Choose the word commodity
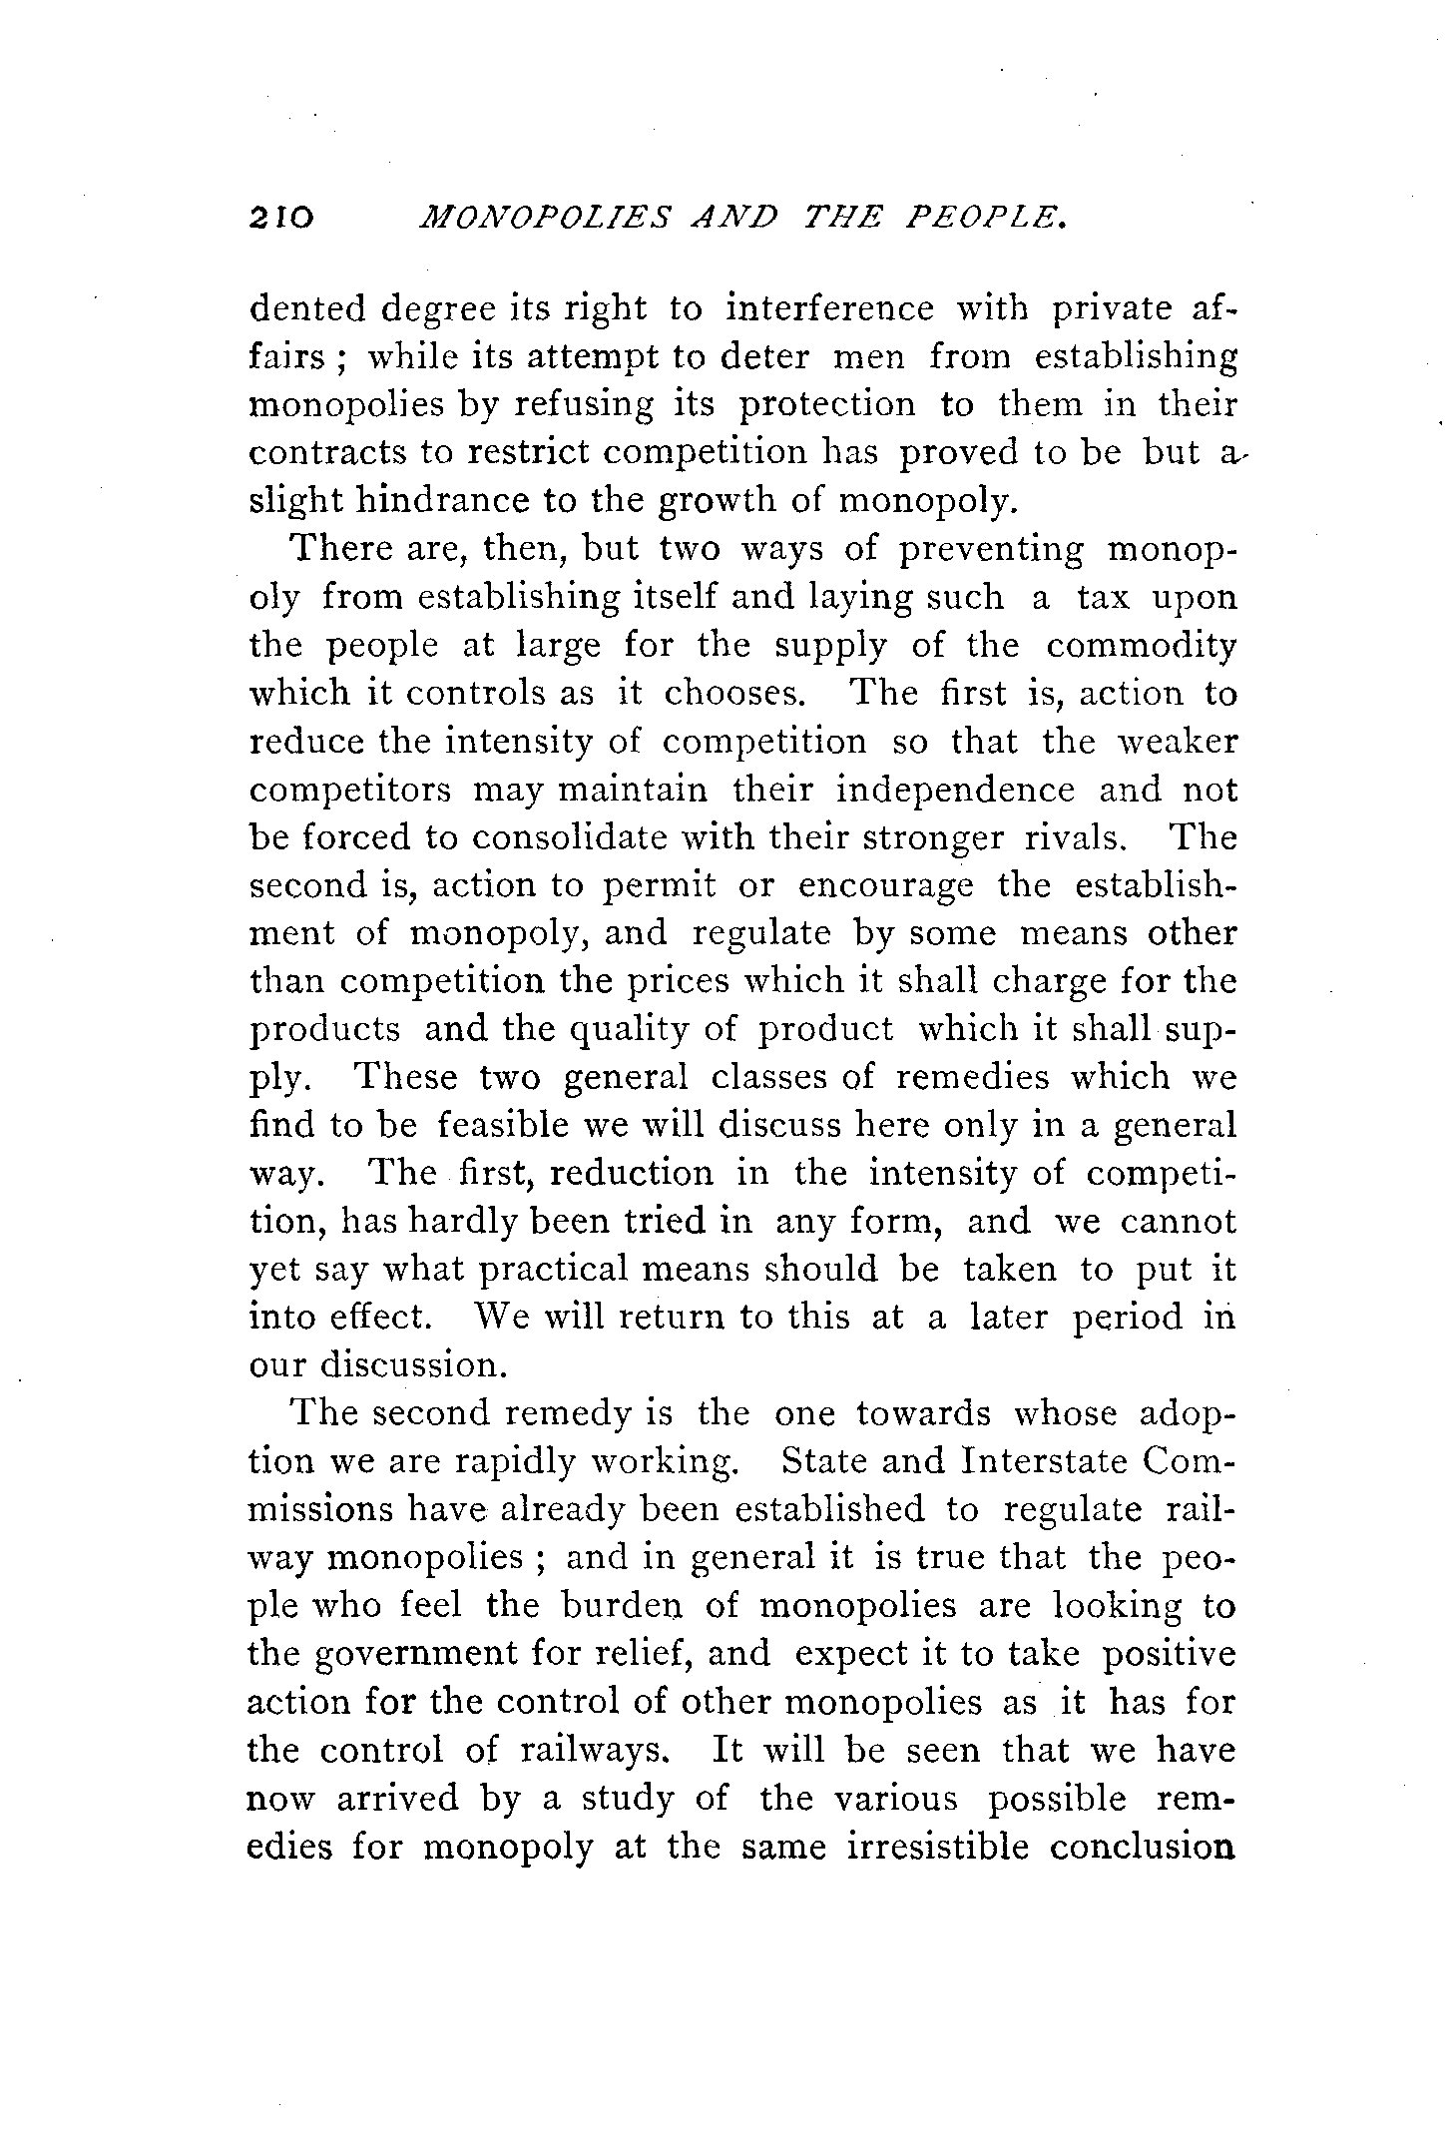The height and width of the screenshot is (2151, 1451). [x=1141, y=646]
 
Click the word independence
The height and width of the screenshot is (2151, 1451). [x=955, y=790]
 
